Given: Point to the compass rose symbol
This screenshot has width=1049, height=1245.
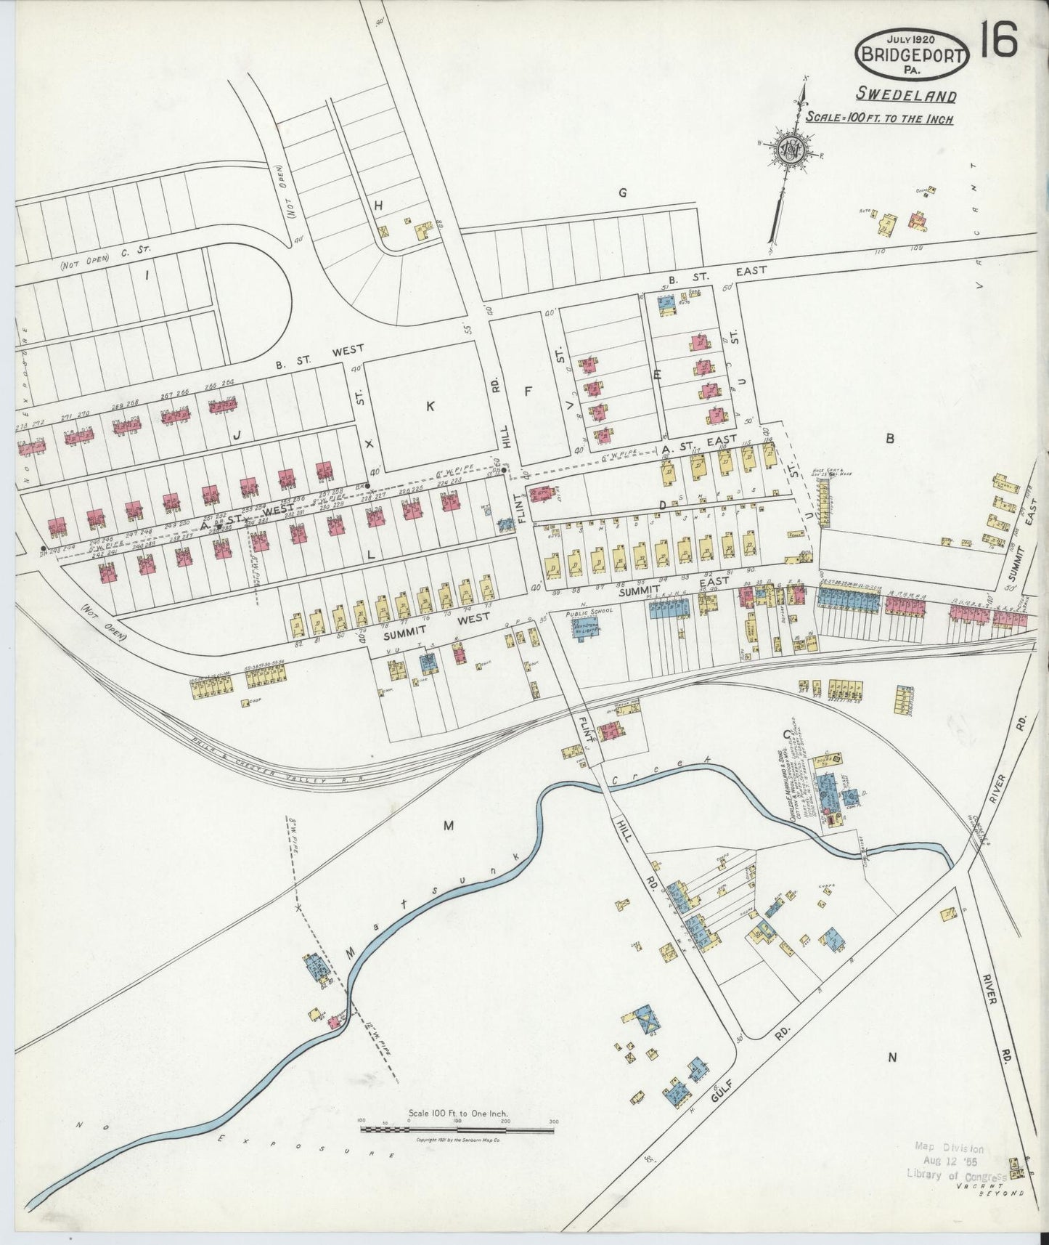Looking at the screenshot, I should pyautogui.click(x=790, y=150).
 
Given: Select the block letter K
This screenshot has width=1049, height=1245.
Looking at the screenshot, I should pyautogui.click(x=430, y=407).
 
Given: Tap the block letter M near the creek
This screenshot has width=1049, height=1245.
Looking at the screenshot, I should pyautogui.click(x=448, y=825).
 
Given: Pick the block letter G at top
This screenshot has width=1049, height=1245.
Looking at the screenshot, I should pyautogui.click(x=621, y=192).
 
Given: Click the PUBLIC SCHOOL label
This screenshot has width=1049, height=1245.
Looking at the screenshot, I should pyautogui.click(x=589, y=612).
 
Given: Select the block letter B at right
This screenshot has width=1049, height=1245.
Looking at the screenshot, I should pyautogui.click(x=888, y=438).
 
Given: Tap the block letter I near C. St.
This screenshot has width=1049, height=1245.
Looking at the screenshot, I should pyautogui.click(x=147, y=275).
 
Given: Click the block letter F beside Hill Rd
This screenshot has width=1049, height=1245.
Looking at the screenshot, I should pyautogui.click(x=528, y=392).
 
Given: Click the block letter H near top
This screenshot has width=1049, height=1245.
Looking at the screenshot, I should pyautogui.click(x=377, y=206).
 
